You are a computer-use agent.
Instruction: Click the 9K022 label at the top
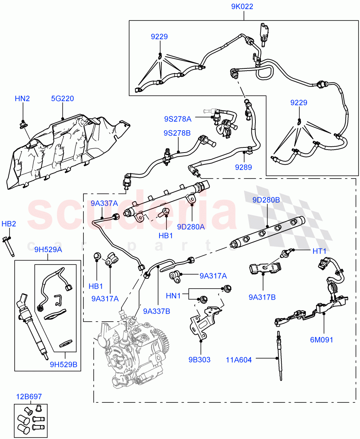(x=242, y=6)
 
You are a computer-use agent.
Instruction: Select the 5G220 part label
(x=63, y=98)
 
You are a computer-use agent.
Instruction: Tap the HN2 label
(x=22, y=98)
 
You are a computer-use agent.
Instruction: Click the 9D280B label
(x=266, y=200)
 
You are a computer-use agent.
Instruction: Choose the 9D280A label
(x=191, y=227)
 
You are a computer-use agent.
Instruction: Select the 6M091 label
(x=322, y=340)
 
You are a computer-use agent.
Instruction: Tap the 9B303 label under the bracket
(x=199, y=360)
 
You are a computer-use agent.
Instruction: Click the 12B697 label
(x=29, y=396)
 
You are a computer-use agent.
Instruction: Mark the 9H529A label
(x=48, y=250)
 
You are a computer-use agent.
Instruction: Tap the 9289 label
(x=243, y=167)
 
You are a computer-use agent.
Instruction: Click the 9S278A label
(x=178, y=119)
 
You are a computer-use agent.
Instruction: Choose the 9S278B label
(x=177, y=133)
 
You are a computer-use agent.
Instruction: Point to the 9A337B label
(x=157, y=311)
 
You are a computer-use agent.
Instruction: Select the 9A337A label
(x=104, y=203)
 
